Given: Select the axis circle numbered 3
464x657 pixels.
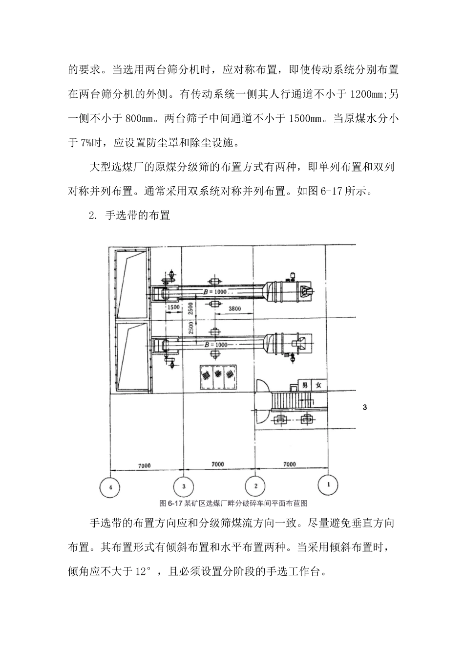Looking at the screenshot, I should pyautogui.click(x=184, y=486).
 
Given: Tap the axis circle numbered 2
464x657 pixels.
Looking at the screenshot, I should pyautogui.click(x=256, y=486).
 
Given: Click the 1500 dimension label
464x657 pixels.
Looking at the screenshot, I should pyautogui.click(x=173, y=307).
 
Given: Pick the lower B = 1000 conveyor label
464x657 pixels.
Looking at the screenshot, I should pyautogui.click(x=215, y=345).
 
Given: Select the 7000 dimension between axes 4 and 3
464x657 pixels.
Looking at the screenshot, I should pyautogui.click(x=145, y=465).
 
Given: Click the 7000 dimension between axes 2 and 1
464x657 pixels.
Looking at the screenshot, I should pyautogui.click(x=289, y=464).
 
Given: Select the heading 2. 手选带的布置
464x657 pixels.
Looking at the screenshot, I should pyautogui.click(x=130, y=215).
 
